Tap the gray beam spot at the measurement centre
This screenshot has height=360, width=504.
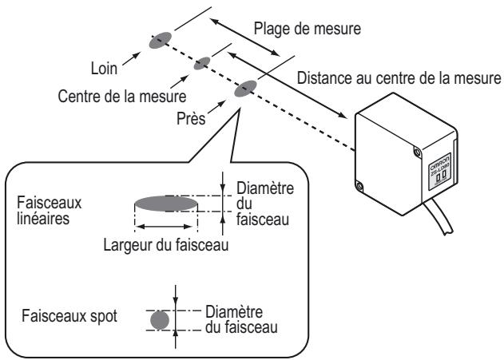204,62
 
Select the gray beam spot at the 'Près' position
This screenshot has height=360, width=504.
244,88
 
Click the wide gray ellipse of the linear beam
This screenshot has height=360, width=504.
165,204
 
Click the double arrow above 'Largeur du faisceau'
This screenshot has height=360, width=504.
165,227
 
